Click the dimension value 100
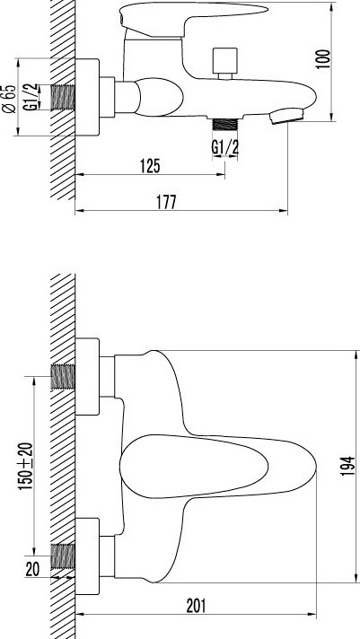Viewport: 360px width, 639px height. coord(323,59)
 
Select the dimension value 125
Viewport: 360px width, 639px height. coord(151,166)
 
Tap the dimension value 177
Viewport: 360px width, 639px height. coord(166,202)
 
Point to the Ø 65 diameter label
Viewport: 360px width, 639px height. coord(9,99)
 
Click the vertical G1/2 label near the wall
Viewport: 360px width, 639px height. coord(31,97)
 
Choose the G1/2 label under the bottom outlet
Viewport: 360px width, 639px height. coord(224,147)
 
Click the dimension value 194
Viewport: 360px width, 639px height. coord(349,466)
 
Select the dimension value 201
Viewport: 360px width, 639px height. coord(196,606)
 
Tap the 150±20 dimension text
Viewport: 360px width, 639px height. coord(26,466)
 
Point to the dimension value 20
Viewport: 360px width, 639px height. coord(32,569)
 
